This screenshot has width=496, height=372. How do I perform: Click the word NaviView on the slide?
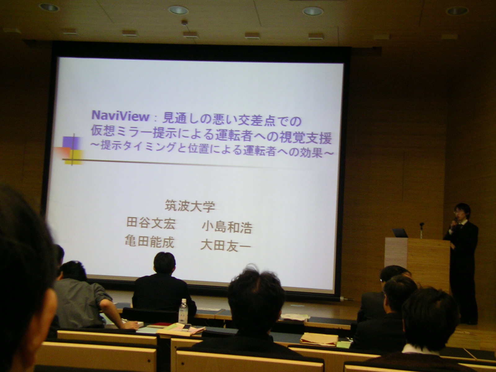click(x=120, y=116)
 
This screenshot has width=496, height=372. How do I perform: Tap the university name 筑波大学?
click(x=190, y=206)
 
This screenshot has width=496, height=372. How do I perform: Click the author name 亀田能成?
click(x=149, y=242)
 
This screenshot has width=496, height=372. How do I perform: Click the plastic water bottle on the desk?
click(x=183, y=311)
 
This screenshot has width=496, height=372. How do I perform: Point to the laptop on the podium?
click(x=400, y=232)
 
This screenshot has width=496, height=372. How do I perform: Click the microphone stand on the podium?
click(x=421, y=231)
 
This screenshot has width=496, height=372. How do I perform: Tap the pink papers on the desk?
click(x=181, y=330)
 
